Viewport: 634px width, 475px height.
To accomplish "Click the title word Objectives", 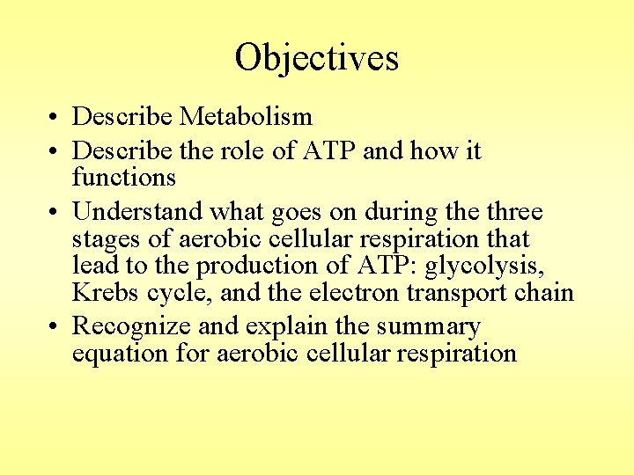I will point(317,57).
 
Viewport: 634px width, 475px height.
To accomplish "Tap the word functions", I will point(124,178).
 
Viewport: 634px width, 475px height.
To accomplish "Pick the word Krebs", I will point(101,292).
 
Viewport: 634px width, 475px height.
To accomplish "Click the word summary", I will point(429,326).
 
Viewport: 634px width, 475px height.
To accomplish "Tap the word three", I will point(512,212).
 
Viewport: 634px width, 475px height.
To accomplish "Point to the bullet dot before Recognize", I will point(55,328).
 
